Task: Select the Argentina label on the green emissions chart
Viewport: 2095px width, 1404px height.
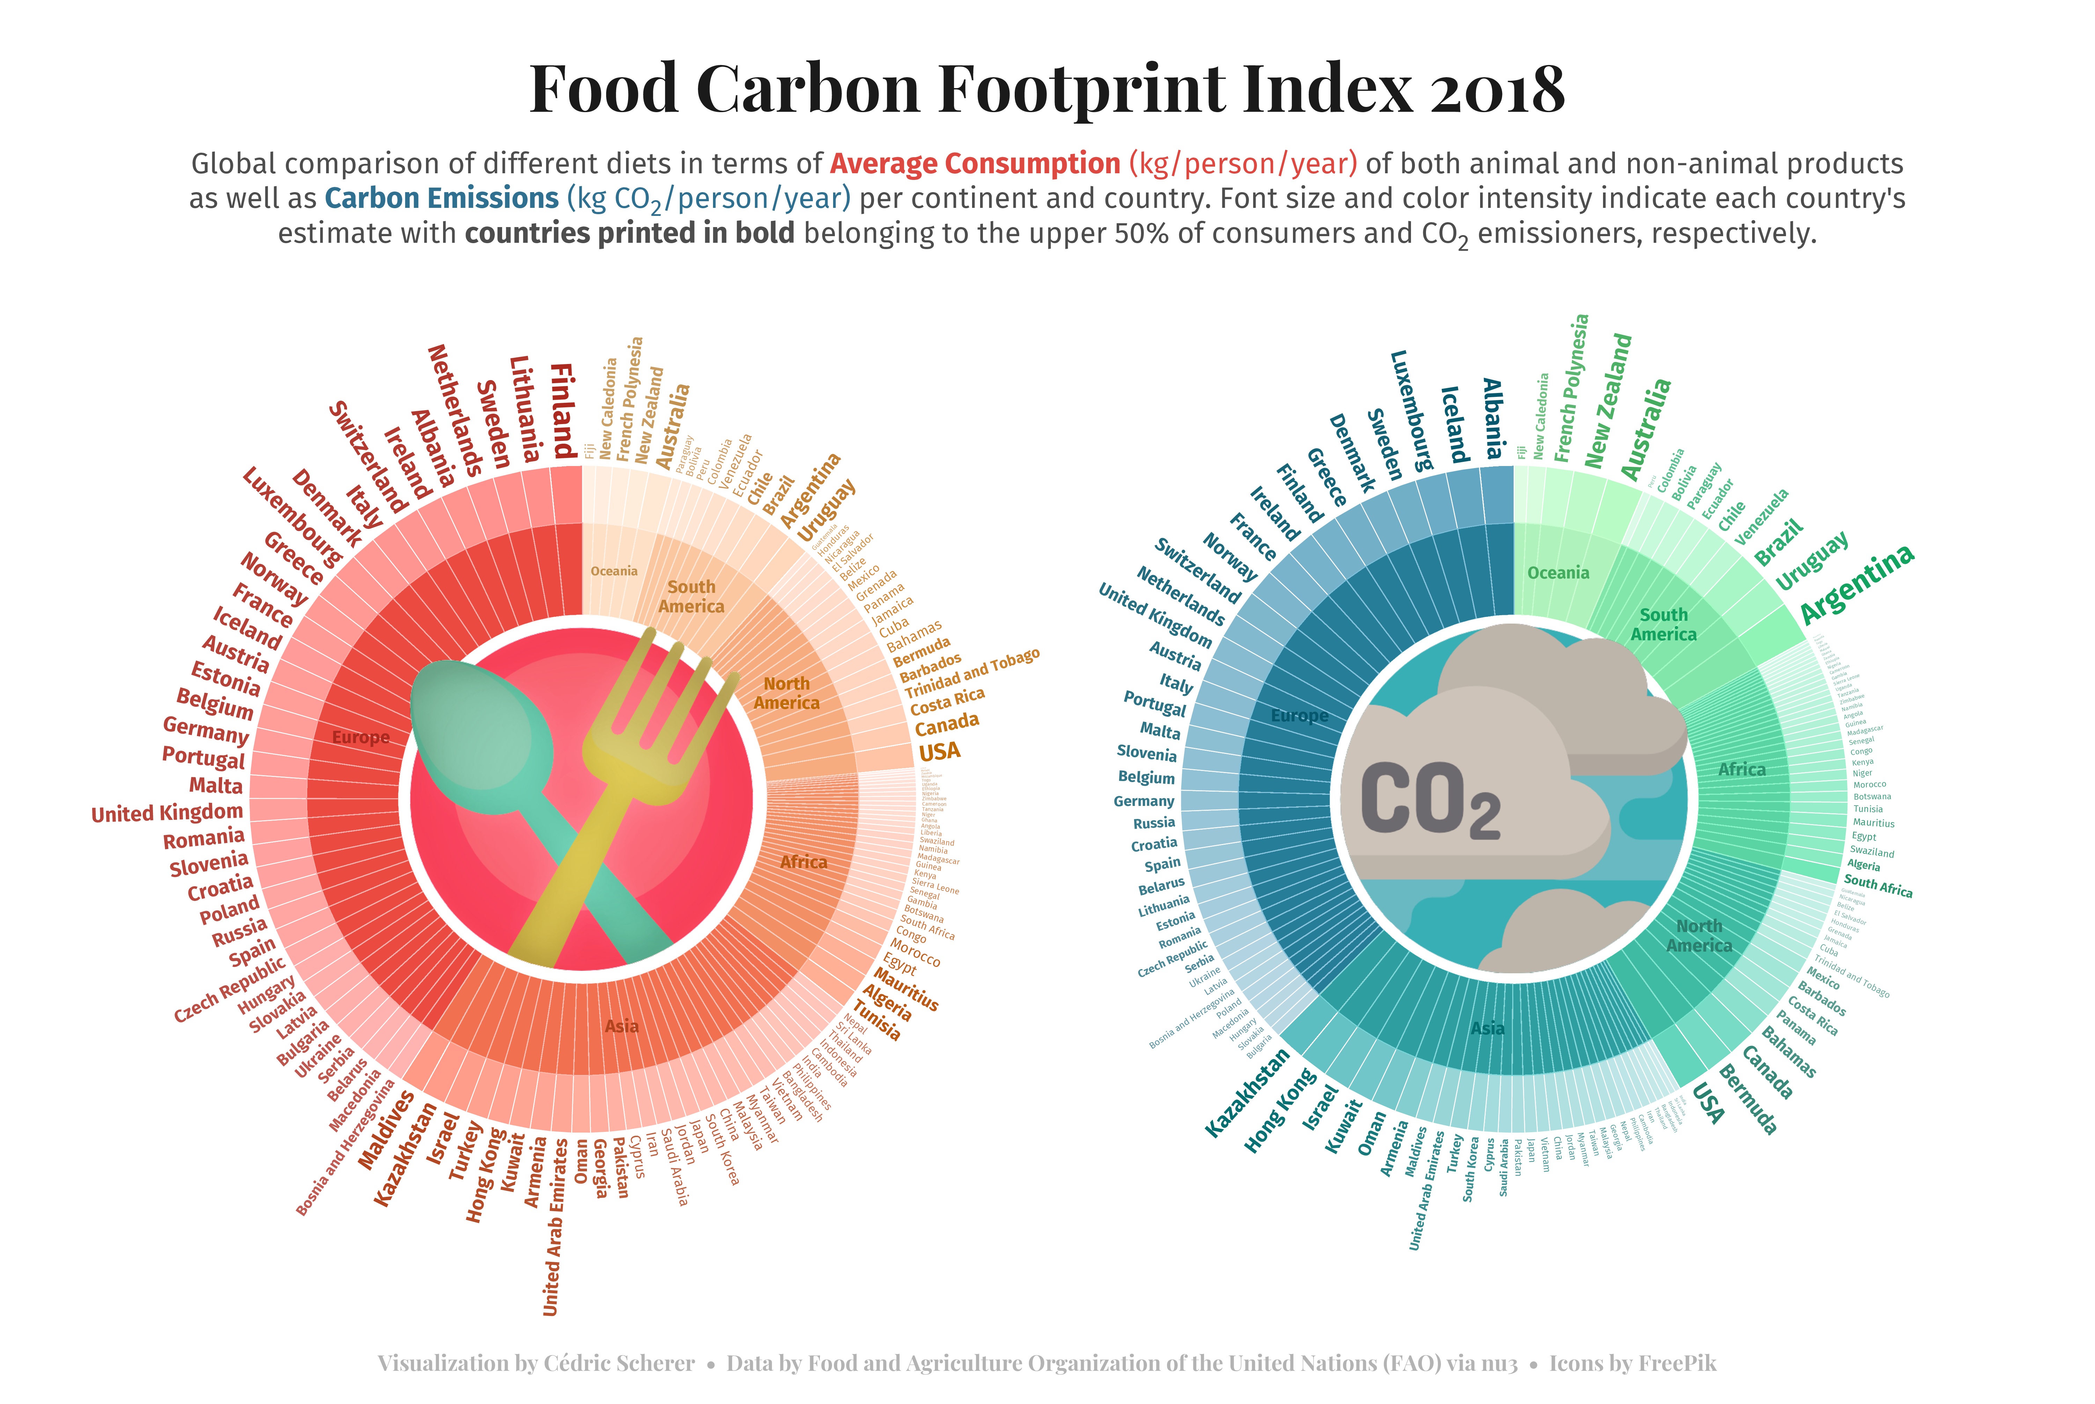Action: click(1856, 584)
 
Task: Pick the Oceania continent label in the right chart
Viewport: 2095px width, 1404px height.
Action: click(1558, 573)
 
